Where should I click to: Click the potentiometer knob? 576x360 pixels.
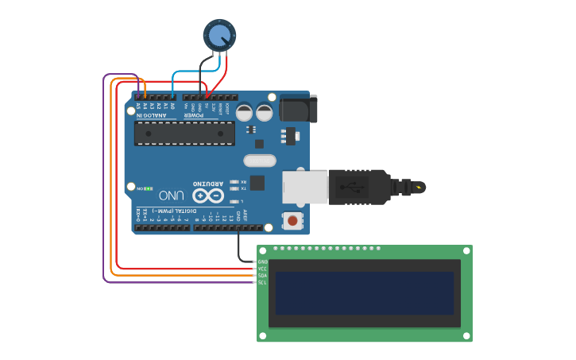pos(219,34)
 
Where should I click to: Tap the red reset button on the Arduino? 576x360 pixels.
pos(293,220)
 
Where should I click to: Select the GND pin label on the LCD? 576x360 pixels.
pos(263,261)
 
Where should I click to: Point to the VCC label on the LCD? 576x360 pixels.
pos(263,269)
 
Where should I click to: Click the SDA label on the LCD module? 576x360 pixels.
pos(263,276)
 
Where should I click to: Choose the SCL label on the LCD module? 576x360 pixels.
pos(263,282)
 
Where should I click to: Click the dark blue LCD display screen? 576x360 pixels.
pos(365,292)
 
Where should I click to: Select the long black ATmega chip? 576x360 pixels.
pos(184,133)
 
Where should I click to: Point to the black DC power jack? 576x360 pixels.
pos(298,108)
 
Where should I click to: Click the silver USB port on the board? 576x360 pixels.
pos(305,187)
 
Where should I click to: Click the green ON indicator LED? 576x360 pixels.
pos(149,188)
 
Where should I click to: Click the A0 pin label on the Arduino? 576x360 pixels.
pos(172,106)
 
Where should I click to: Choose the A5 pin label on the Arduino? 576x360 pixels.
pos(138,106)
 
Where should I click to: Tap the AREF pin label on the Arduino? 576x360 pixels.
pos(245,216)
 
